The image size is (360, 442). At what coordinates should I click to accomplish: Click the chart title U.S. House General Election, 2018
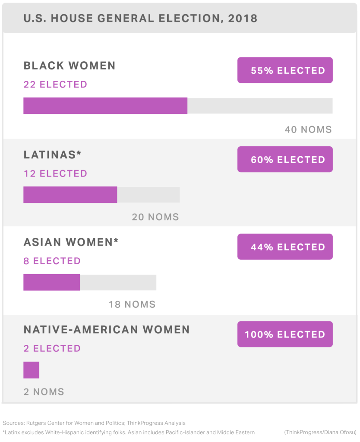click(x=140, y=19)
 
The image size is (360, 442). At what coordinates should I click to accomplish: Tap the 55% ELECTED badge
click(x=285, y=70)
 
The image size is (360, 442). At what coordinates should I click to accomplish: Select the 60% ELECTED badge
click(x=285, y=159)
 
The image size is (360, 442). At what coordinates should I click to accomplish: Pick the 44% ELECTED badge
click(x=285, y=247)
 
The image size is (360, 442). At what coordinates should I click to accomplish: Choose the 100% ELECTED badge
click(x=285, y=334)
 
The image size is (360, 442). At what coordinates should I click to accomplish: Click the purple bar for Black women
click(x=105, y=106)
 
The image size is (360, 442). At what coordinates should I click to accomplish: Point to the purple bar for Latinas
click(x=70, y=195)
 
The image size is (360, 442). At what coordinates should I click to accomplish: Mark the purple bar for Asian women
click(x=51, y=282)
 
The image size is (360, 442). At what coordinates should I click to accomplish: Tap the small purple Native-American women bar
click(x=31, y=370)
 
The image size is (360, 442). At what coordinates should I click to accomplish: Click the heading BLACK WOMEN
click(x=69, y=66)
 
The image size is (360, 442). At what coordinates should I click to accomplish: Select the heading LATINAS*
click(x=53, y=155)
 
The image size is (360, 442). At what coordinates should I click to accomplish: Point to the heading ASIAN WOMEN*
click(x=71, y=242)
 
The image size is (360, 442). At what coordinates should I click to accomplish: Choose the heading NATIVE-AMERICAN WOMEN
click(x=107, y=330)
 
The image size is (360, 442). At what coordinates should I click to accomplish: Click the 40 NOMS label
click(x=308, y=129)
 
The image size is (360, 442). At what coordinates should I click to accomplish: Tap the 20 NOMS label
click(x=155, y=217)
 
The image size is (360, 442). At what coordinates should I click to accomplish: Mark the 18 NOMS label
click(x=132, y=305)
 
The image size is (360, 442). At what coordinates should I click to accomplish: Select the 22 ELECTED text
click(x=55, y=85)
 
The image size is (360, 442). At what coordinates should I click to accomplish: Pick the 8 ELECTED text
click(x=52, y=261)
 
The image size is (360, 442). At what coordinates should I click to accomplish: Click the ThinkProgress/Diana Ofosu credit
click(x=320, y=432)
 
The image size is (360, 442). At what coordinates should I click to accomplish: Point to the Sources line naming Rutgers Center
click(x=94, y=423)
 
